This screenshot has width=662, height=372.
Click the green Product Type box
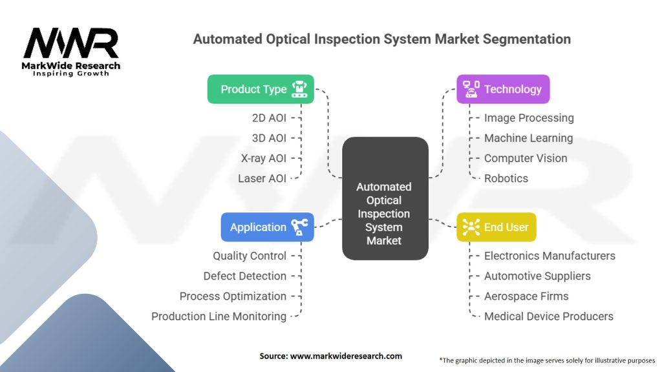coord(261,89)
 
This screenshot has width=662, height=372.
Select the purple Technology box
coord(503,89)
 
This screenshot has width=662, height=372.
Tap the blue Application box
coord(267,227)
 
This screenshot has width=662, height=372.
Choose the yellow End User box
coord(496,227)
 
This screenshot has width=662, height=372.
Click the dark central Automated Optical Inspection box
coord(385,198)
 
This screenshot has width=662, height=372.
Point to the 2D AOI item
coord(269,118)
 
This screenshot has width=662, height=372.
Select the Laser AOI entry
coord(262,178)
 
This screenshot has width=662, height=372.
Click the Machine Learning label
coord(528,138)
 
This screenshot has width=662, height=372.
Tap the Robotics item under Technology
coord(506,178)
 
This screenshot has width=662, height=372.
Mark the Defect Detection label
coord(245,276)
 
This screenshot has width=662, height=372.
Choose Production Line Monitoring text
coord(219,316)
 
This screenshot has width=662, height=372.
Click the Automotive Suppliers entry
coord(537,276)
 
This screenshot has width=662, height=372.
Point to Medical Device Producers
coord(549,316)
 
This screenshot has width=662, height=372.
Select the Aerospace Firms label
coord(526,296)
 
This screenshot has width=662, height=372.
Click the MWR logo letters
coord(71,43)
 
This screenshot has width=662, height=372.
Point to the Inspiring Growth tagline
coord(71,74)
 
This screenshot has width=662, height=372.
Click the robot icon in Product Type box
coord(299,89)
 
